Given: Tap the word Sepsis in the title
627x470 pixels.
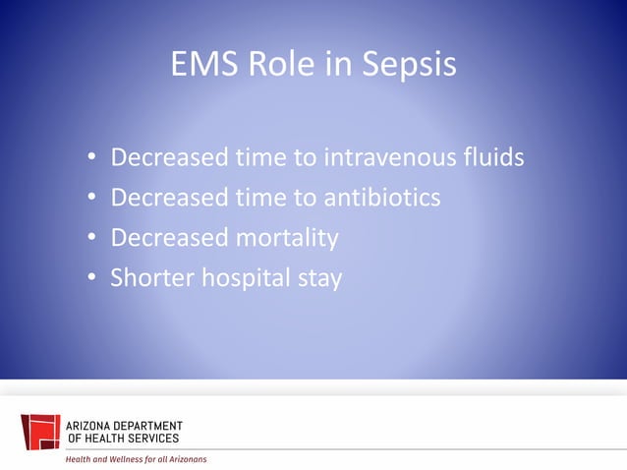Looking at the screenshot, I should click(406, 66).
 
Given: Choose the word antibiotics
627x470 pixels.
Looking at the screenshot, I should click(381, 198).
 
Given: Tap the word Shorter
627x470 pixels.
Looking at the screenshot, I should click(152, 278).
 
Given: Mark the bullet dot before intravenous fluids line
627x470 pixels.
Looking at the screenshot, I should click(91, 158).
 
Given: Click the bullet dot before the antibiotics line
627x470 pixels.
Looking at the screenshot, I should click(91, 199).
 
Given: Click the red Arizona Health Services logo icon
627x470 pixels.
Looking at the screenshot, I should click(40, 432).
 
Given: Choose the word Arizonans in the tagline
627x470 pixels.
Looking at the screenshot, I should click(187, 459).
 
